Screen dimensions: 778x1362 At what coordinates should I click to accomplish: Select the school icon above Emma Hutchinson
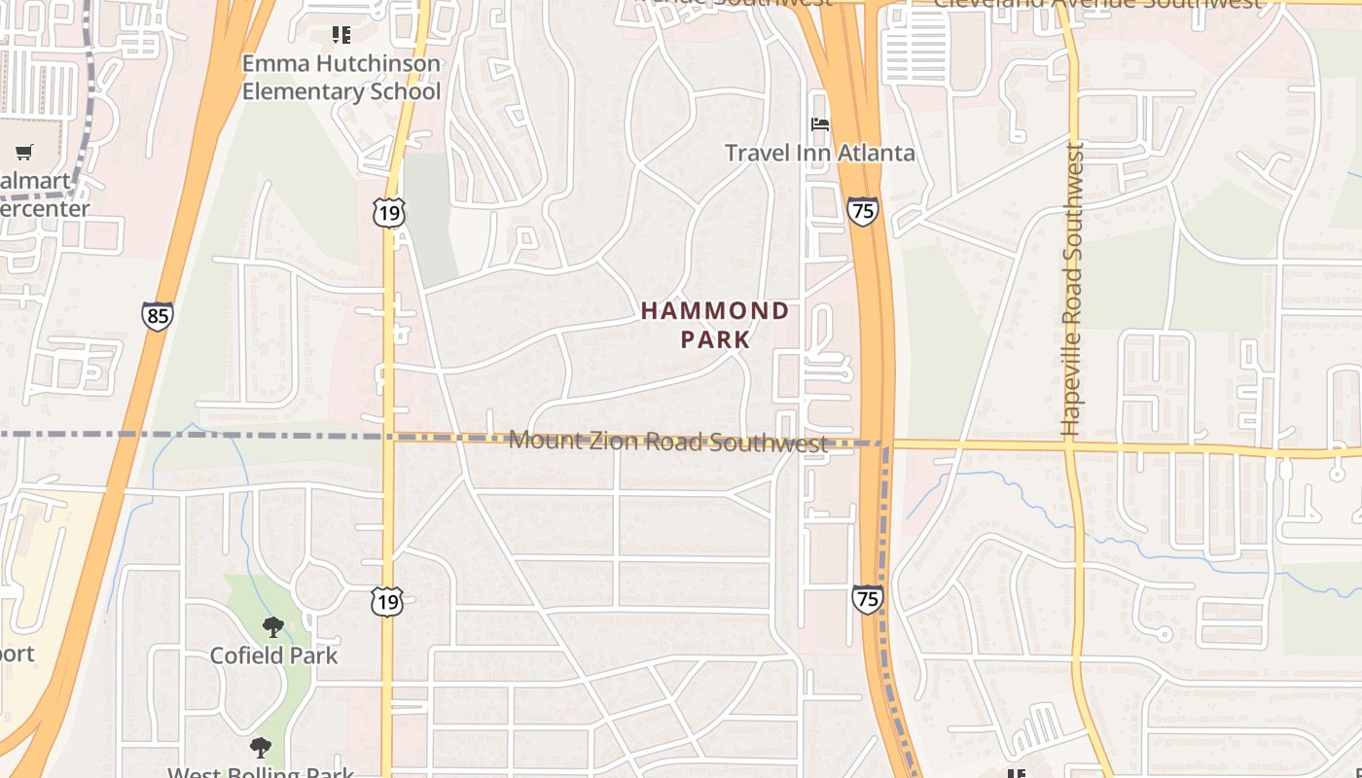point(340,35)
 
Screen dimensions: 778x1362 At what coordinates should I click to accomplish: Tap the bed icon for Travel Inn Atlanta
point(821,124)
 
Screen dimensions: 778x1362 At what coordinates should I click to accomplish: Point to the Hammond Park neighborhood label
point(715,325)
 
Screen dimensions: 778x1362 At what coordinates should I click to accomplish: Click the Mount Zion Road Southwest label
point(667,442)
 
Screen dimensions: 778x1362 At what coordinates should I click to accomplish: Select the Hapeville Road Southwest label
point(1072,290)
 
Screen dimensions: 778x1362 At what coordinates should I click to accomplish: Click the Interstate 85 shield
point(157,316)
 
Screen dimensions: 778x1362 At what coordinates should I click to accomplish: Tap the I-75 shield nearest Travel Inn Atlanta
point(862,211)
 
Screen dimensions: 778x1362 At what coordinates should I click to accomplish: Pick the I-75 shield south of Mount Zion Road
point(867,599)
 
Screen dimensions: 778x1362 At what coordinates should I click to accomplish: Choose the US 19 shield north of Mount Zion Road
point(388,213)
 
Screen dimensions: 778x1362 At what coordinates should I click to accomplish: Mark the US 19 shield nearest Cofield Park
point(387,602)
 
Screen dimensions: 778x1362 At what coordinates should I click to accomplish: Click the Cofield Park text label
point(273,655)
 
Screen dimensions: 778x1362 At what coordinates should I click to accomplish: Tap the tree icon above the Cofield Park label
point(273,627)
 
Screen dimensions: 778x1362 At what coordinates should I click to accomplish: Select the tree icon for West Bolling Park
point(260,747)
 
